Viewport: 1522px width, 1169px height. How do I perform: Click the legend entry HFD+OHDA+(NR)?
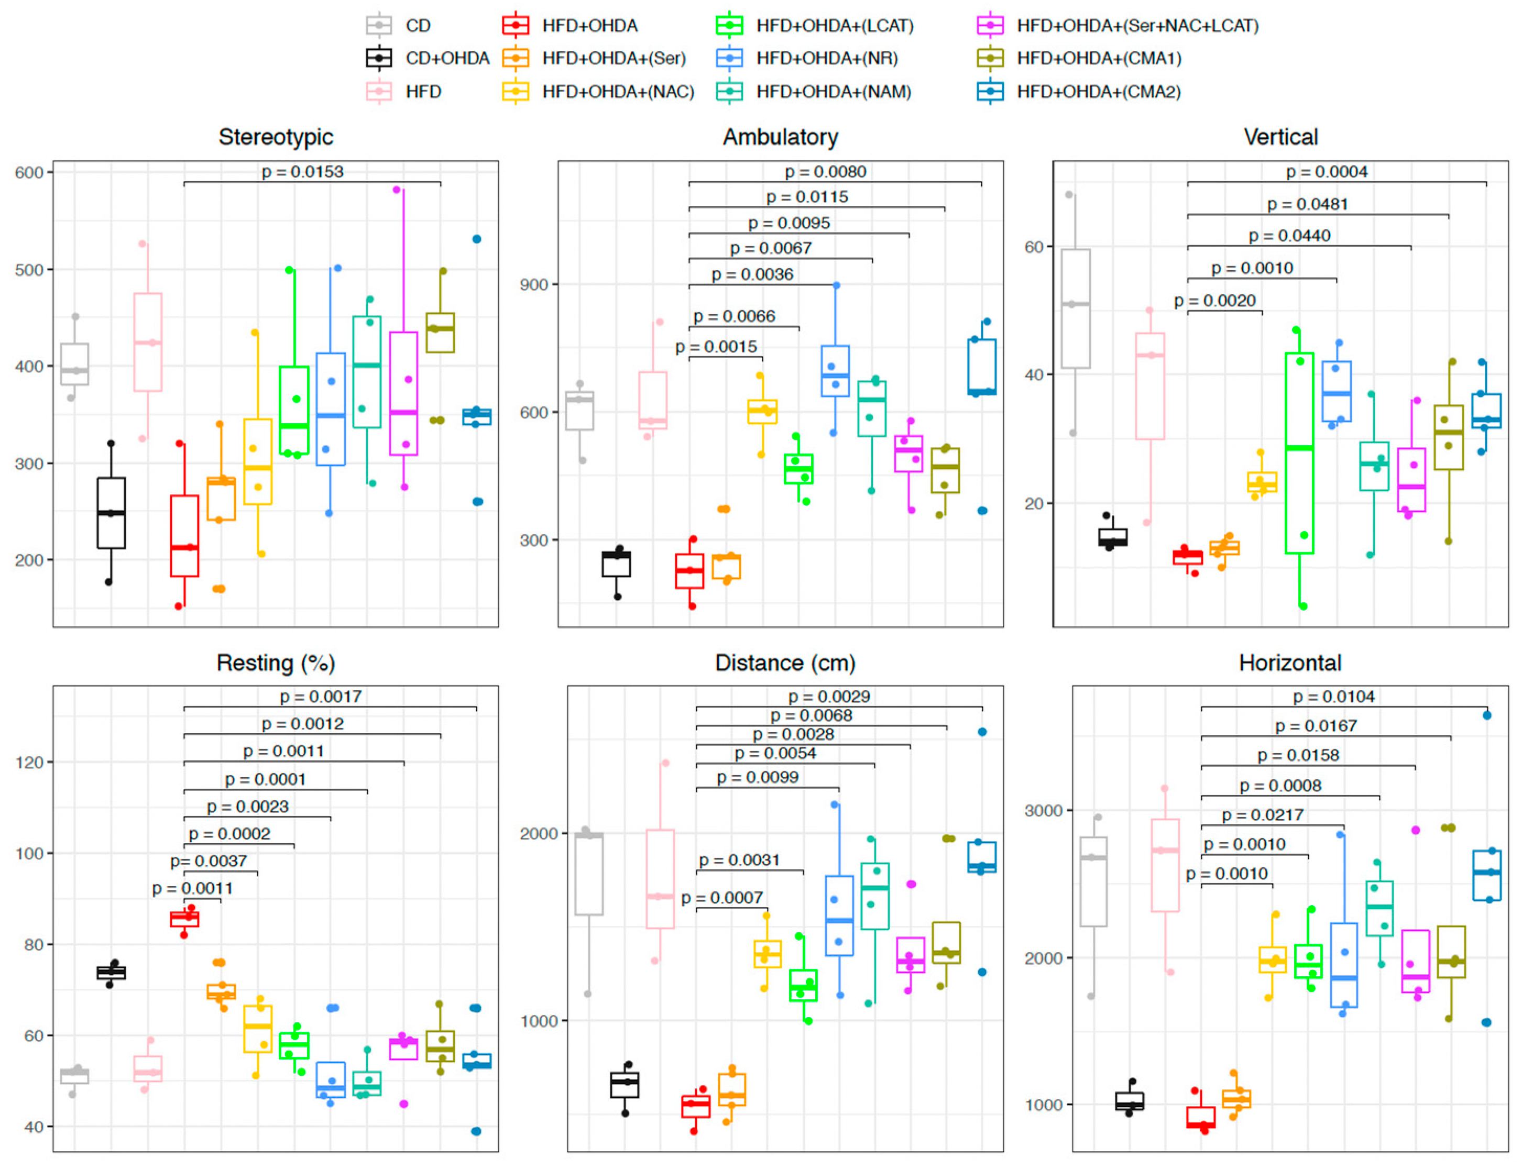(827, 59)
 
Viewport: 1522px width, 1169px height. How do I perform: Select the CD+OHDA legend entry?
(447, 59)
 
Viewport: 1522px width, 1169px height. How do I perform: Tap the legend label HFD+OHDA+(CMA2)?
(1098, 92)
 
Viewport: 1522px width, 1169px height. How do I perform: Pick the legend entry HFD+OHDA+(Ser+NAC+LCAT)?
(1137, 26)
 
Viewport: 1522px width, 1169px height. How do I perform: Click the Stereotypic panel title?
(276, 137)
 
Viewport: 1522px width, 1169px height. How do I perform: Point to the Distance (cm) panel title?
(785, 663)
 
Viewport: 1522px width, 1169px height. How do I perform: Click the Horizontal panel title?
(1289, 663)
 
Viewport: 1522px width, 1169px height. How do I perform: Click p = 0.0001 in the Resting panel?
(265, 779)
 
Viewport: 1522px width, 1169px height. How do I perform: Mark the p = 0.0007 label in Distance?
(721, 898)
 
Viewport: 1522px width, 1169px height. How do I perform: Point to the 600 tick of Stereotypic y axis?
(29, 172)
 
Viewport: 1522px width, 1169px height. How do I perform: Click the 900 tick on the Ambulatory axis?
(534, 284)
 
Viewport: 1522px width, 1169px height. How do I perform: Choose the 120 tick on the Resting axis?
(29, 763)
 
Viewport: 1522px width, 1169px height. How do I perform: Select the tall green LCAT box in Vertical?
(1299, 453)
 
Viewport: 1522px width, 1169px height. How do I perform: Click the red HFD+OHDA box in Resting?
(184, 919)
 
